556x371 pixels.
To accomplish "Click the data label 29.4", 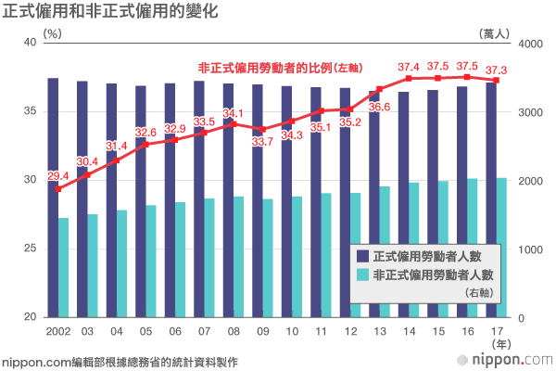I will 57,176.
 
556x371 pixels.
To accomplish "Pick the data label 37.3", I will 497,70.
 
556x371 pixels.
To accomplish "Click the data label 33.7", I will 263,142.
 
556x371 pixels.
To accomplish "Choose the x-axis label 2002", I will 57,330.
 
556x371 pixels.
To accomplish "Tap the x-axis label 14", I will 409,330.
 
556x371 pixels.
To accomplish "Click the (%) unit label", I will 52,33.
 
